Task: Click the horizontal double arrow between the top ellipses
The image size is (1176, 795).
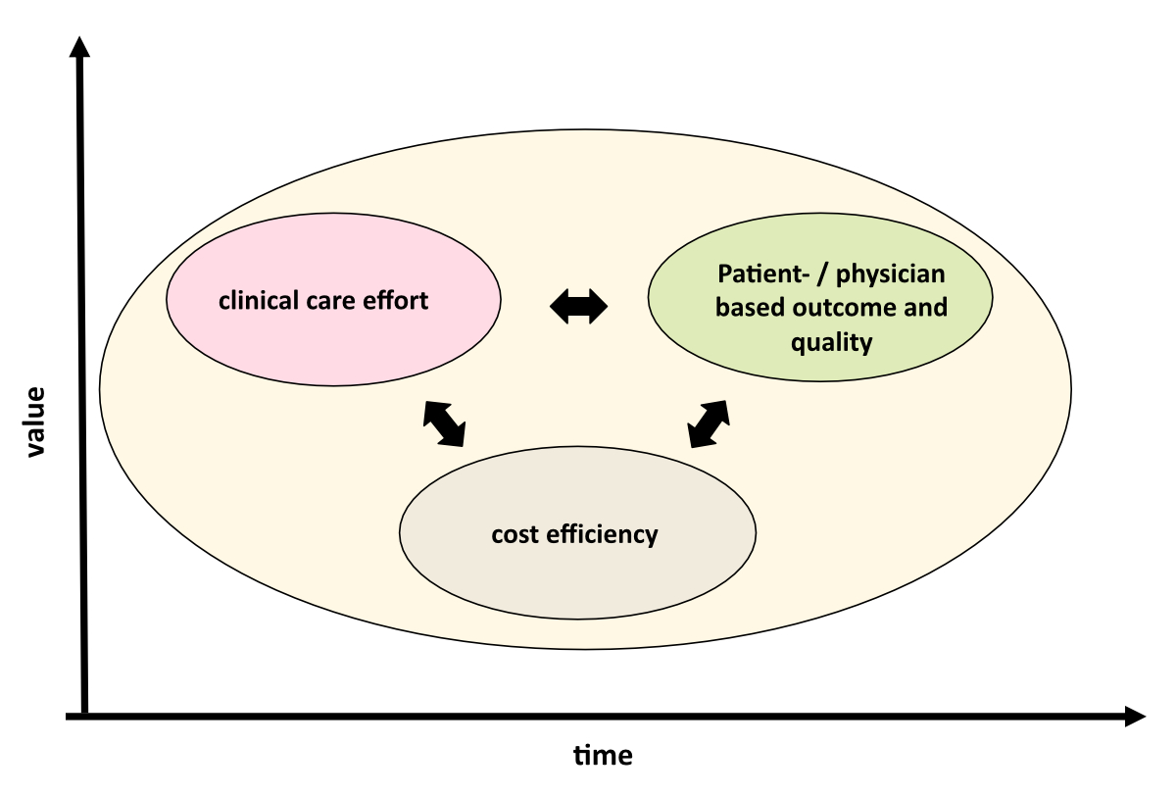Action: point(578,308)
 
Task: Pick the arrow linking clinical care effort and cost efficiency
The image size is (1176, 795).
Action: point(444,423)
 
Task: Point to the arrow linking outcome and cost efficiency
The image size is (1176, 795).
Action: point(709,423)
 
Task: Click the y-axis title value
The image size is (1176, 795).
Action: point(35,422)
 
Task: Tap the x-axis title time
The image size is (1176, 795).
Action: point(603,756)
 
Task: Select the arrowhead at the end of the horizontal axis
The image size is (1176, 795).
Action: point(1134,717)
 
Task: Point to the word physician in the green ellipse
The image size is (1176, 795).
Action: point(900,275)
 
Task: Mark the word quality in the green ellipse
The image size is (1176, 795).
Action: point(832,342)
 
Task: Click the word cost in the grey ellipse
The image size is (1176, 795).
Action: point(514,534)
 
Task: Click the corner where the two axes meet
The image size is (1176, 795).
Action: point(85,717)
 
